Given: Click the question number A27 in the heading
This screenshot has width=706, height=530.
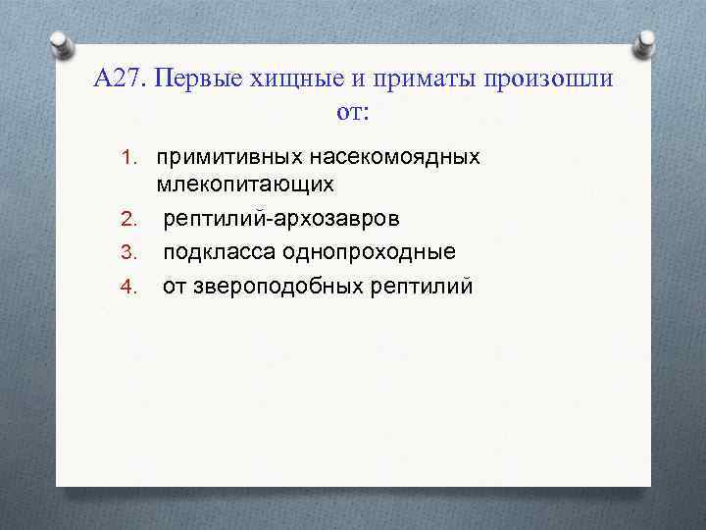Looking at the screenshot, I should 120,79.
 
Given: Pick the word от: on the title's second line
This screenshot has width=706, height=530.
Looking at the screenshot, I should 353,112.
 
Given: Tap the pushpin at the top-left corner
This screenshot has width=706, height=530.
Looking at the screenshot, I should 60,42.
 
